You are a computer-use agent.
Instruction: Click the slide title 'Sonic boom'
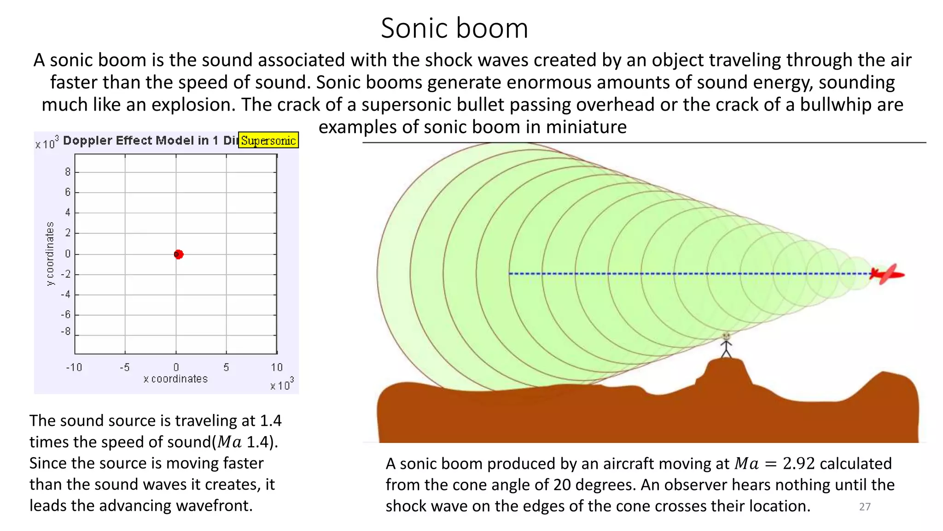coord(454,29)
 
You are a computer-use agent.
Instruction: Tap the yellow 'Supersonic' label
coord(268,140)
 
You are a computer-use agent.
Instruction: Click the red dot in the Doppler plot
coord(179,254)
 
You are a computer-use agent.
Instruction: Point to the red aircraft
coord(887,274)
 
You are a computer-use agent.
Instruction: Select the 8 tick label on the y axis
coord(68,172)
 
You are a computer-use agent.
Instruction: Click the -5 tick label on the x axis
coord(124,367)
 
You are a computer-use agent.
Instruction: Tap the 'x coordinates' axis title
coord(175,379)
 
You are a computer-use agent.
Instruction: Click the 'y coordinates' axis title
coord(50,254)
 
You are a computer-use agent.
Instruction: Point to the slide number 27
coord(865,507)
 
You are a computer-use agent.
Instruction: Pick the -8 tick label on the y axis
coord(66,331)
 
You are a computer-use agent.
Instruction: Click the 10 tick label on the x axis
coord(276,367)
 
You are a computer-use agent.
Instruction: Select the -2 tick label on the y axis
coord(66,274)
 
